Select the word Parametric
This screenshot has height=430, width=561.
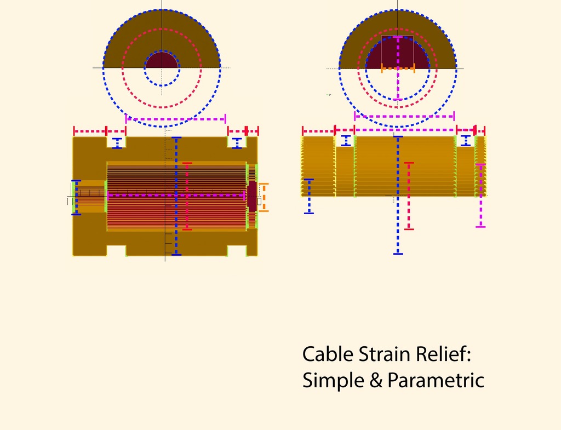coord(436,380)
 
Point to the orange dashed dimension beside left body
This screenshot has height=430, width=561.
coord(264,197)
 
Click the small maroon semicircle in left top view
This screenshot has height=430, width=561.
coord(162,61)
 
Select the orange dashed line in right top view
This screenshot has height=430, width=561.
coord(398,68)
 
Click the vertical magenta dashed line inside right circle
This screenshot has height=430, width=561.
coord(398,82)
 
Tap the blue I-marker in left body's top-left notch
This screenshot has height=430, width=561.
coord(117,144)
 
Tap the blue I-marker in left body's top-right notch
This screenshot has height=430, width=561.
coord(237,144)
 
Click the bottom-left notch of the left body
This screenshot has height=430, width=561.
coord(116,251)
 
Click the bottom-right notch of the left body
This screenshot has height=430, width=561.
coord(237,251)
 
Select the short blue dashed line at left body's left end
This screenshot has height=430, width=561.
coord(76,197)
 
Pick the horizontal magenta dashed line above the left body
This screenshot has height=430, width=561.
coord(175,118)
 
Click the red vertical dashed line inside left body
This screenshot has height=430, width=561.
coord(187,196)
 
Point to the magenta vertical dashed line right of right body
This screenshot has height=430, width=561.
coord(480,195)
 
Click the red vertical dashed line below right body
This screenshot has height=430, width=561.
coord(409,196)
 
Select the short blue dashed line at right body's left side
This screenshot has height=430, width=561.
coord(309,196)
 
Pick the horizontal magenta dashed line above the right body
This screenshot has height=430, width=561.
coord(404,116)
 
